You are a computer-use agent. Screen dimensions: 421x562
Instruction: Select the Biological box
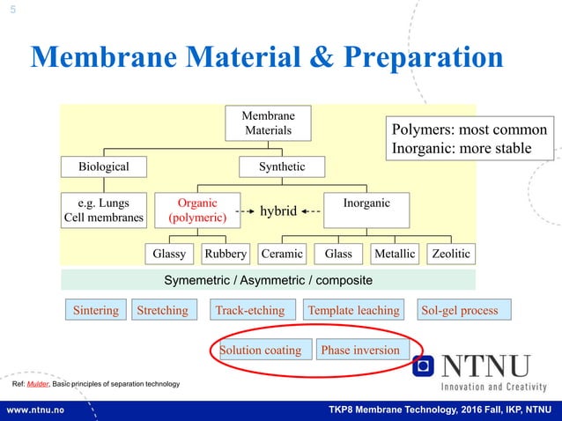pos(104,166)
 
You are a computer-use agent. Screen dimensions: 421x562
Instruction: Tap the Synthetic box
pos(282,166)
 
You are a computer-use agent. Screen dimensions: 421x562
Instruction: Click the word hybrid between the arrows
pos(276,211)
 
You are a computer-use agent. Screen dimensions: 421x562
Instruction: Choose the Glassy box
pos(169,254)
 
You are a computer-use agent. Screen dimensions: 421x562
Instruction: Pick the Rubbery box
pos(226,254)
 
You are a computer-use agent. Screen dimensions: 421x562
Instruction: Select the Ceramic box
pos(282,254)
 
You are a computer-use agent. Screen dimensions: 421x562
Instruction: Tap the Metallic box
pos(394,254)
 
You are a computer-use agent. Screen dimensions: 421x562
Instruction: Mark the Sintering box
pos(95,310)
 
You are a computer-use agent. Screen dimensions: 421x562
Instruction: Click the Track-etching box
pos(250,310)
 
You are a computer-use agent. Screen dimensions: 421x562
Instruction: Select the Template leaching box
pos(353,310)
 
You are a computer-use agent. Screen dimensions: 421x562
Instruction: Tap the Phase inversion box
pos(360,350)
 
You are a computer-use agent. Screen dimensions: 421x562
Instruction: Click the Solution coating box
pos(261,350)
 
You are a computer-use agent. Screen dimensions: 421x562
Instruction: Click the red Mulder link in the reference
pos(38,385)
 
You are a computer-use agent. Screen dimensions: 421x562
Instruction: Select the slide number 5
pos(12,11)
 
